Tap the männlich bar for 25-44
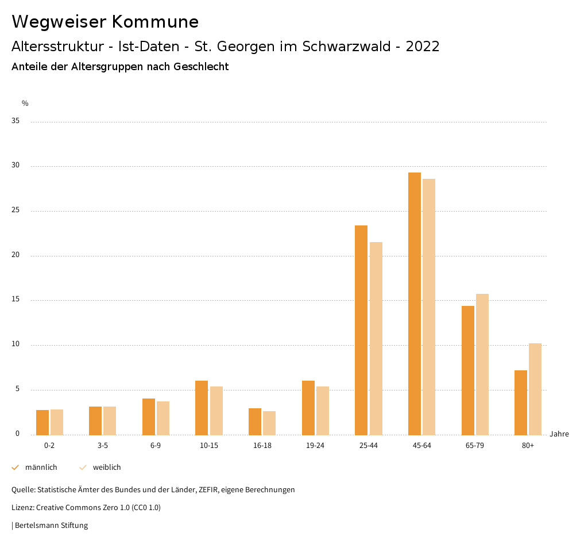click(361, 330)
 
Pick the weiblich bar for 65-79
click(482, 365)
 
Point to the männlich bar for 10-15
click(202, 408)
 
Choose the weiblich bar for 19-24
click(323, 411)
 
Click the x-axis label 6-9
click(156, 446)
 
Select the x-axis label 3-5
click(103, 446)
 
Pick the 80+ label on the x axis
click(528, 446)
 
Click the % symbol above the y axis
click(25, 104)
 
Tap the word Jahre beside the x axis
click(559, 434)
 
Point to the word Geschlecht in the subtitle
click(201, 67)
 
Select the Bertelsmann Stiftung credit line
click(51, 525)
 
